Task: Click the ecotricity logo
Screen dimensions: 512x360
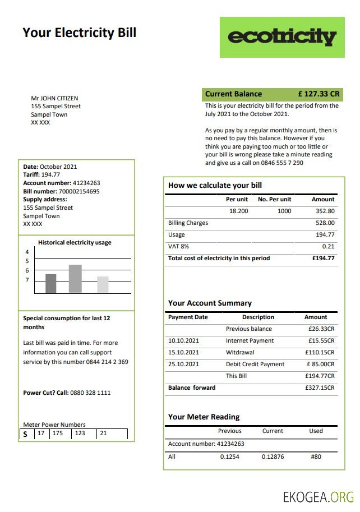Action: coord(281,37)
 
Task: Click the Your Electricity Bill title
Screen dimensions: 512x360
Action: coord(79,33)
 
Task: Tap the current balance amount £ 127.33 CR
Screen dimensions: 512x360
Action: coord(319,94)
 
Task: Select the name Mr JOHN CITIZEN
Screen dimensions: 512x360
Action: coord(54,98)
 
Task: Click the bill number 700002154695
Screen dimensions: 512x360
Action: coord(79,191)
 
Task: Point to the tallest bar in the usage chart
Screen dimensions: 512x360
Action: coord(75,278)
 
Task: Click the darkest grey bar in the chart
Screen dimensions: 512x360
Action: coord(51,283)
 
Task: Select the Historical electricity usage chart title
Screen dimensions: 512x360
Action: coord(75,243)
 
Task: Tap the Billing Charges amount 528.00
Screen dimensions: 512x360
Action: coord(325,223)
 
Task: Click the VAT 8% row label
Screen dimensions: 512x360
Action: coord(179,246)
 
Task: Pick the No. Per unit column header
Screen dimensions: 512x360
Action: coord(274,199)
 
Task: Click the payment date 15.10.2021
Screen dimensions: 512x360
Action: coord(183,353)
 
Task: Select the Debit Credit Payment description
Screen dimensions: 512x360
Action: coord(255,365)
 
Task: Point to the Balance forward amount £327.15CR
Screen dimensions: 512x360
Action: coord(320,388)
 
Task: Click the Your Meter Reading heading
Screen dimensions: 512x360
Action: coord(204,417)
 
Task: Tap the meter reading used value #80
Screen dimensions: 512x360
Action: coord(316,456)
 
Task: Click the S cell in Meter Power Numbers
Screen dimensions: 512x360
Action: coord(25,434)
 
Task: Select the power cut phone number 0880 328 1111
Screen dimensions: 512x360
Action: coord(90,393)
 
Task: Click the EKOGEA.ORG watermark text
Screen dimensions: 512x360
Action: coord(319,496)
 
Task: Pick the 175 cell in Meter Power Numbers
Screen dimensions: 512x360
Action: coord(57,433)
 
